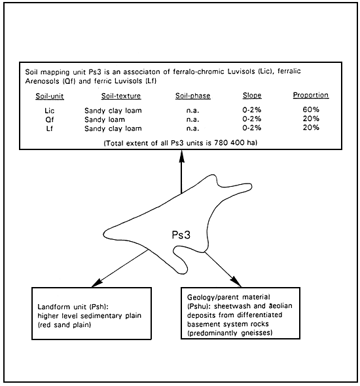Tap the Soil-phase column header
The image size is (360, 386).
(x=192, y=96)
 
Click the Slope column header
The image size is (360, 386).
(x=251, y=96)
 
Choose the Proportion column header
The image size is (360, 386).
(x=310, y=96)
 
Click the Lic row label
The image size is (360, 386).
(x=41, y=110)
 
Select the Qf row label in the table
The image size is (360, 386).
(x=40, y=119)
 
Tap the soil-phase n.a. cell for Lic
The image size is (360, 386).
(x=192, y=110)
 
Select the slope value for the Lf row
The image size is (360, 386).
(x=251, y=128)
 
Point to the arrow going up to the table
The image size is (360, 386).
(x=181, y=177)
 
